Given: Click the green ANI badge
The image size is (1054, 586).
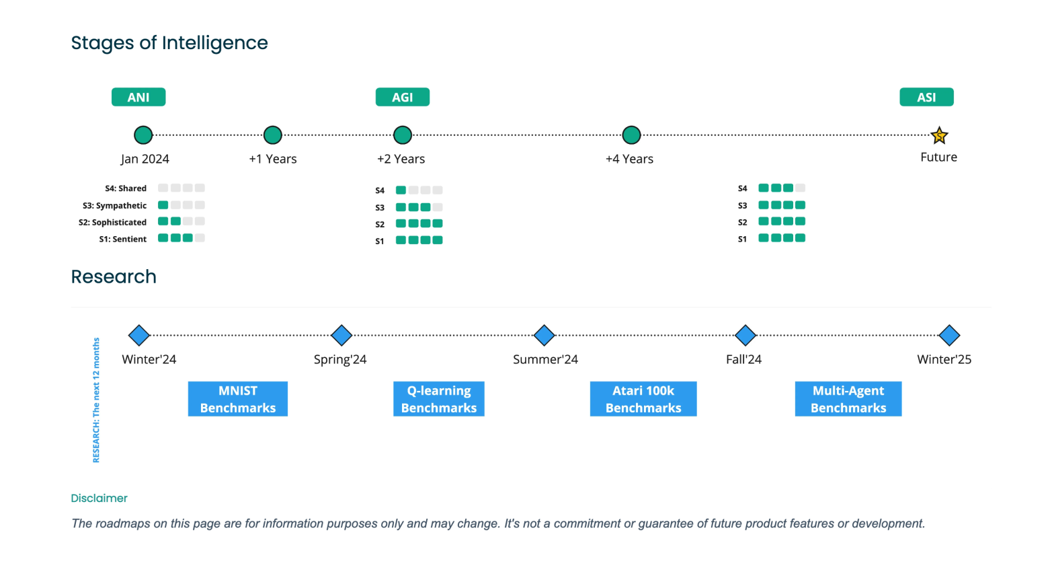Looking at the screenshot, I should pyautogui.click(x=138, y=97).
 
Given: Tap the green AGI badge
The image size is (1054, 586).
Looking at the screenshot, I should pyautogui.click(x=402, y=97).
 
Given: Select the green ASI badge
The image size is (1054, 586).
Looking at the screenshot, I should pyautogui.click(x=926, y=97).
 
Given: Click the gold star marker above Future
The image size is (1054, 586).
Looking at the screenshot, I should pyautogui.click(x=939, y=136).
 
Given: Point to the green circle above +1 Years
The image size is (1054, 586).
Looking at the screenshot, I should pyautogui.click(x=273, y=135).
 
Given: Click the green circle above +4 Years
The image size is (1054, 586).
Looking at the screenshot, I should pyautogui.click(x=631, y=135).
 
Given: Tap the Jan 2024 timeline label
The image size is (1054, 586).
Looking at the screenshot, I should pyautogui.click(x=145, y=159).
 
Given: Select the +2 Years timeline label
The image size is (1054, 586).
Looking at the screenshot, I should pyautogui.click(x=401, y=159).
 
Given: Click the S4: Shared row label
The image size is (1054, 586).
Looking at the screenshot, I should pyautogui.click(x=126, y=188).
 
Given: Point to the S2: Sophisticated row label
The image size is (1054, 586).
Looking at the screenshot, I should pyautogui.click(x=112, y=222).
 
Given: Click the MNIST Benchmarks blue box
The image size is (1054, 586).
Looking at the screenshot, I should pyautogui.click(x=238, y=399).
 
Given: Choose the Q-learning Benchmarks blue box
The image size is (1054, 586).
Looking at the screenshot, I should pyautogui.click(x=439, y=399).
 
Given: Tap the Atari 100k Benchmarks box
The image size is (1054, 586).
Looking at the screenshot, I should pyautogui.click(x=643, y=399).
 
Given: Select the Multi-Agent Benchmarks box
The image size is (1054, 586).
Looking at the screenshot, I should pyautogui.click(x=848, y=399).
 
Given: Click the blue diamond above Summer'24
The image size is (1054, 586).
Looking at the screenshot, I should pyautogui.click(x=544, y=335).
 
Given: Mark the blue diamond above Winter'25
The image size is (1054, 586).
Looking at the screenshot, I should pyautogui.click(x=949, y=335).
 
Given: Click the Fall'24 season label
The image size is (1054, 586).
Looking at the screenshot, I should pyautogui.click(x=743, y=359).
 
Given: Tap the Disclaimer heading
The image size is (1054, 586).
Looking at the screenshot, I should pyautogui.click(x=99, y=498).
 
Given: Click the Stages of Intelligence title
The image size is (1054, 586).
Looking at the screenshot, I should pyautogui.click(x=169, y=43).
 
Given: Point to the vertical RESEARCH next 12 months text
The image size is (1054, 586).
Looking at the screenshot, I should pyautogui.click(x=96, y=400).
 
